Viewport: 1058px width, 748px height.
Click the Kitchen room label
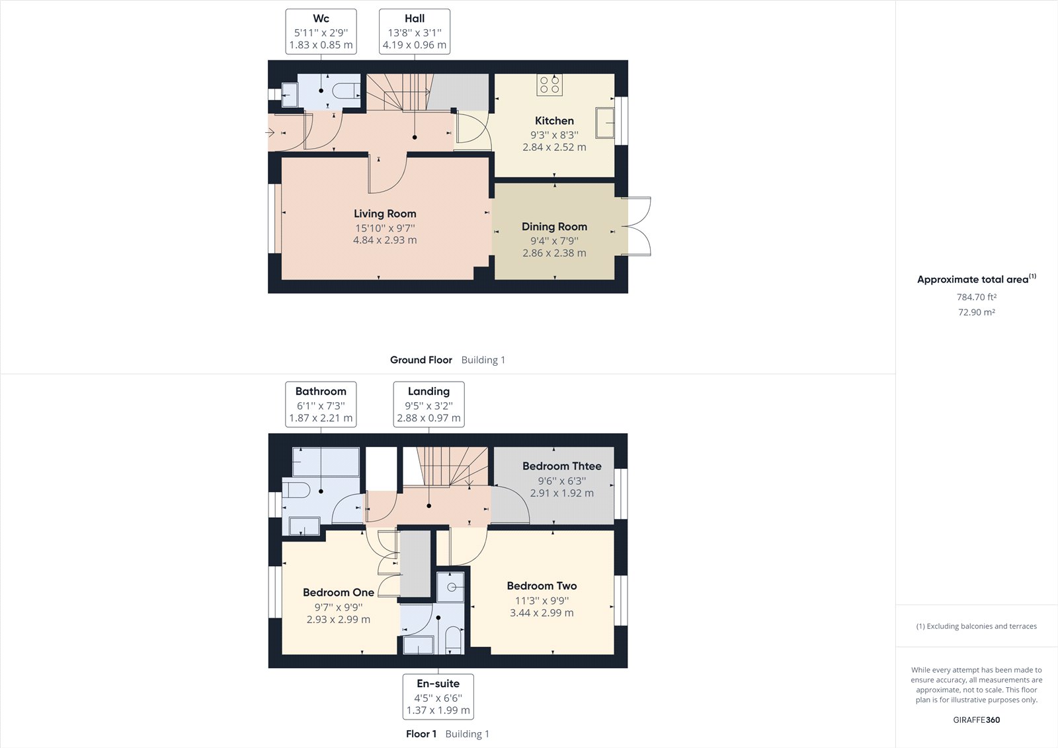pos(554,120)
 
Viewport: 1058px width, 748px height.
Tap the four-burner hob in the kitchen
pos(549,85)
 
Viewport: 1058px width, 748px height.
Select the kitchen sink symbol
pos(605,122)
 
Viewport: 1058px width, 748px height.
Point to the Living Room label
pos(385,214)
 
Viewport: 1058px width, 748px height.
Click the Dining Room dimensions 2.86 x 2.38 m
pos(554,253)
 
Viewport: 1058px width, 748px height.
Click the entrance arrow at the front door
pos(270,133)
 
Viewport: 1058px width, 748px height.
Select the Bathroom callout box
pos(321,404)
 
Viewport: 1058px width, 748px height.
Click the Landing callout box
pos(428,404)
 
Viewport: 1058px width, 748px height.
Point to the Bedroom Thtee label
pos(561,466)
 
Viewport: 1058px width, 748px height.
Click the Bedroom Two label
pos(542,586)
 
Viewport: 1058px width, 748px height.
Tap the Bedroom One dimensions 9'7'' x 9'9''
pos(339,607)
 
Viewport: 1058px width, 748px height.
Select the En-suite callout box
pos(438,696)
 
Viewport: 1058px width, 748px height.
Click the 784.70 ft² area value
pos(976,298)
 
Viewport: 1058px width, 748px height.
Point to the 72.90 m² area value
pos(976,312)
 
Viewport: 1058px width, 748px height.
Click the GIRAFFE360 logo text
pos(976,720)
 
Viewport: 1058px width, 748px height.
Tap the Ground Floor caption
pos(421,360)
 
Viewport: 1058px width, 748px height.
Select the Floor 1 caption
pos(421,733)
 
